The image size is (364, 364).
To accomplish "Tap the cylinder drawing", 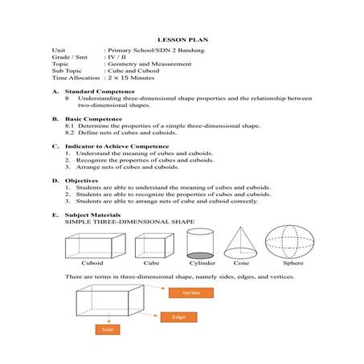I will (199, 243).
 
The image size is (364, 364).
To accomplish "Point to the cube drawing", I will (153, 244).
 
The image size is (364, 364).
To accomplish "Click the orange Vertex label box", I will (190, 292).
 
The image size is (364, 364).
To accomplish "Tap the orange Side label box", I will (106, 329).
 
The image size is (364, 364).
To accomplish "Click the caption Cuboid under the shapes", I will (92, 263).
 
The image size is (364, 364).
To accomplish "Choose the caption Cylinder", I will (202, 263).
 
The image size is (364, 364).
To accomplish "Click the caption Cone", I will (241, 263).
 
